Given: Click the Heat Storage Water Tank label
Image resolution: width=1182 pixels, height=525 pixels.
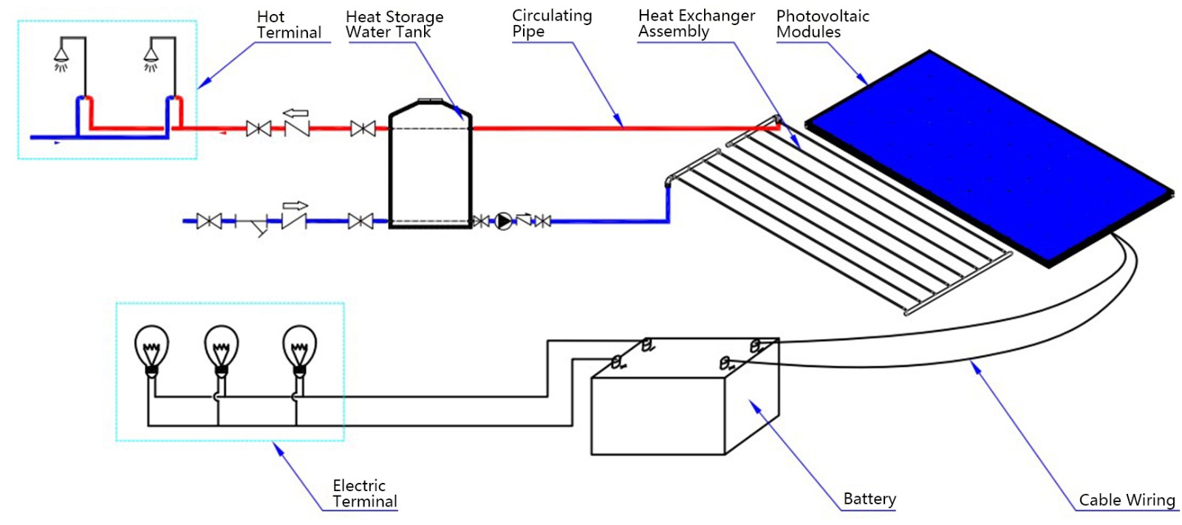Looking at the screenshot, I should (x=394, y=24).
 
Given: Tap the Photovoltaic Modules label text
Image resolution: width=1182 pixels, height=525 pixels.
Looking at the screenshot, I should (x=821, y=24).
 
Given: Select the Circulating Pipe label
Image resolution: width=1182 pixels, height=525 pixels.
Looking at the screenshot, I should (x=551, y=24).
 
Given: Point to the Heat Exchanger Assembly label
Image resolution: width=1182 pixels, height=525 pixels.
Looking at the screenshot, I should (x=696, y=24).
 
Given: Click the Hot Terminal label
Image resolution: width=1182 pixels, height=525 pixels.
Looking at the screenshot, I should (x=288, y=24).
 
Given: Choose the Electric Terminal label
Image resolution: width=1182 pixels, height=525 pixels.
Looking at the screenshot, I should (x=364, y=493).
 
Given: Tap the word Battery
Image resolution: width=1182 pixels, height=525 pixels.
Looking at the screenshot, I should (x=869, y=498).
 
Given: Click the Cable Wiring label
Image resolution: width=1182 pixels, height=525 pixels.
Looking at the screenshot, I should (x=1126, y=500).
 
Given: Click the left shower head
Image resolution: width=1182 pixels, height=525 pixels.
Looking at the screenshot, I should (x=61, y=56).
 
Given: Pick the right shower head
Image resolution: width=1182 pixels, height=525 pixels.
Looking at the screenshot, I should (x=151, y=56).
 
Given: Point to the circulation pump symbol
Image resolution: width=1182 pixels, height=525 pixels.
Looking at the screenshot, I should (x=503, y=221).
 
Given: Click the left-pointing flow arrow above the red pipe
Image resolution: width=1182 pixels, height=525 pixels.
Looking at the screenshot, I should (x=295, y=113).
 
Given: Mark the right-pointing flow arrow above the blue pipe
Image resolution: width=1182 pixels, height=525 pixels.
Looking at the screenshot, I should (x=295, y=205).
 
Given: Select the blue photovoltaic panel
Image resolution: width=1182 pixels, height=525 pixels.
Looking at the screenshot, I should (x=990, y=159).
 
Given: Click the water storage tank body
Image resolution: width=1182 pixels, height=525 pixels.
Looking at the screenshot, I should (x=430, y=174).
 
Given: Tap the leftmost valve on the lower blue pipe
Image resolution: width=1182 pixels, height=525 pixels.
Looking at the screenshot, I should (x=209, y=221).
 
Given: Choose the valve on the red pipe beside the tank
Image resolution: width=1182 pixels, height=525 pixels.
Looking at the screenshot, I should (x=362, y=128).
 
